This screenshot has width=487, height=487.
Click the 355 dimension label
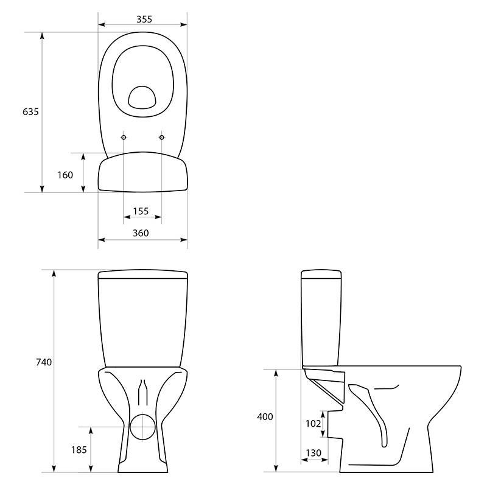pyautogui.click(x=144, y=19)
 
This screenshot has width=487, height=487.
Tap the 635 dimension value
pyautogui.click(x=30, y=111)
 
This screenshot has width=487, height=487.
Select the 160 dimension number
pyautogui.click(x=65, y=175)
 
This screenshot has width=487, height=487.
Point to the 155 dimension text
pyautogui.click(x=141, y=211)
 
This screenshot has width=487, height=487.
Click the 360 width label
pyautogui.click(x=141, y=233)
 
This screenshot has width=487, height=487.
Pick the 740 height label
pyautogui.click(x=44, y=362)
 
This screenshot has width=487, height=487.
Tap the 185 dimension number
pyautogui.click(x=79, y=450)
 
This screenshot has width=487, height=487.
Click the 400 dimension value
pyautogui.click(x=265, y=416)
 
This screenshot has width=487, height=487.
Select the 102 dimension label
pyautogui.click(x=314, y=423)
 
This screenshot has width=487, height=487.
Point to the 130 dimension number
pyautogui.click(x=314, y=453)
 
